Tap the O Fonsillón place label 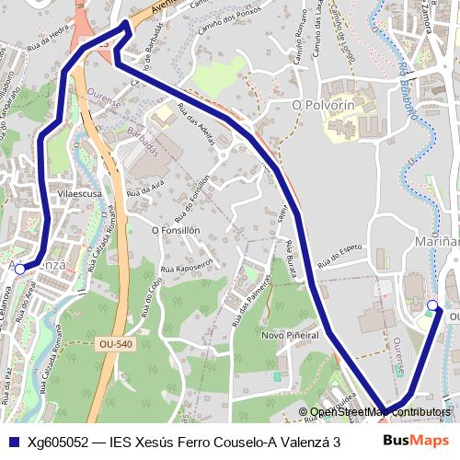[x=176, y=229]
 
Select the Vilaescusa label [x=79, y=195]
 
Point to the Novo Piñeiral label [x=289, y=335]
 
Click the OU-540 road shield [x=115, y=344]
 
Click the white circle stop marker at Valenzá [x=20, y=270]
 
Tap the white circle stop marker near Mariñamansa [x=433, y=305]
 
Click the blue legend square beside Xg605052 [x=17, y=441]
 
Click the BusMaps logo [x=417, y=441]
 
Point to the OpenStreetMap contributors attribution [x=380, y=411]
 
